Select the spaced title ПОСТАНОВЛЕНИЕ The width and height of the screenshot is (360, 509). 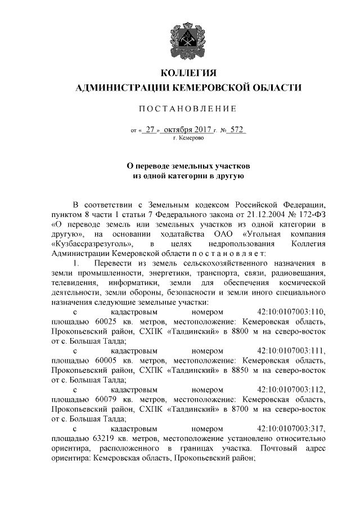188,109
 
